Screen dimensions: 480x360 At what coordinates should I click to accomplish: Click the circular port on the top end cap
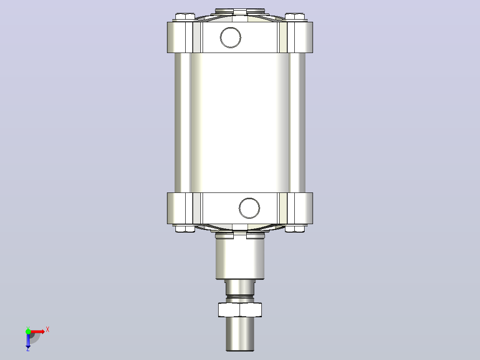coord(231,37)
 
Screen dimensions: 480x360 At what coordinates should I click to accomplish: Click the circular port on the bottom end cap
coord(249,208)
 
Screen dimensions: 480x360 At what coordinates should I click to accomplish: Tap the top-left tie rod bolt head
coord(185,16)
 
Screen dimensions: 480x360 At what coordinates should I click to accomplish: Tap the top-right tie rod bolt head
coord(295,16)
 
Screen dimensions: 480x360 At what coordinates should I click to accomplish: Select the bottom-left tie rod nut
coord(185,229)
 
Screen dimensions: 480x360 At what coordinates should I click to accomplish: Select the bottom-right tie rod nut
coord(295,229)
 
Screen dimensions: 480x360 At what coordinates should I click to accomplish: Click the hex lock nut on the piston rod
coord(240,310)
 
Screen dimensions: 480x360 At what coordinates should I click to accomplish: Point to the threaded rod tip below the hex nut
coord(240,334)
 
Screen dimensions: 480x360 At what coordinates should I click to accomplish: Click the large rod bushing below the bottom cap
coord(240,259)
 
